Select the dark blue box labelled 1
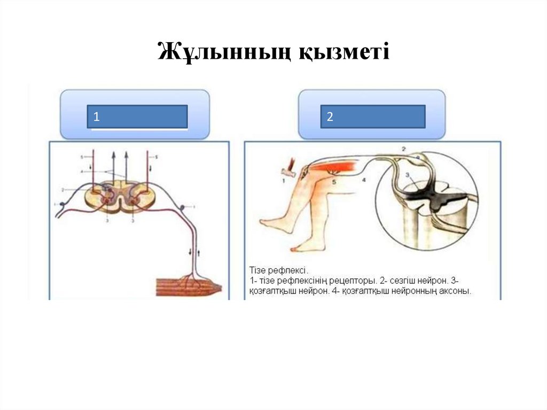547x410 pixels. click(137, 117)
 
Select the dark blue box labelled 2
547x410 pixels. click(372, 117)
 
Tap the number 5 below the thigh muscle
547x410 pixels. click(334, 181)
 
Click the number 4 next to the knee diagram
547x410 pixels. click(364, 181)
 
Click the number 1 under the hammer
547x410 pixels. click(285, 181)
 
